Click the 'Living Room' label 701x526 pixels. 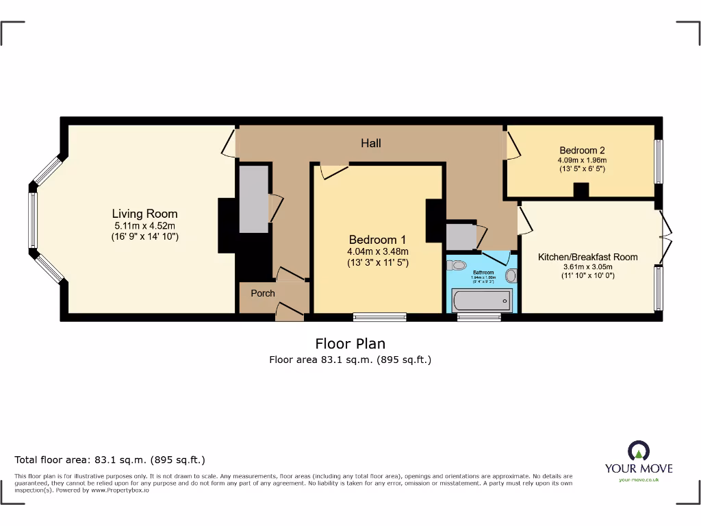[x=144, y=214]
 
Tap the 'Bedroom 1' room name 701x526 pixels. [x=377, y=240]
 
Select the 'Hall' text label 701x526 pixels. [x=371, y=143]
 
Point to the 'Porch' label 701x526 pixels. [x=263, y=293]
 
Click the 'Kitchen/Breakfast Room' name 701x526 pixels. [x=587, y=257]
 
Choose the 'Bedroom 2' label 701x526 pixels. [x=582, y=150]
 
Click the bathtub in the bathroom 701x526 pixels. [x=481, y=300]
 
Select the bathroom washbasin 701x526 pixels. [x=511, y=275]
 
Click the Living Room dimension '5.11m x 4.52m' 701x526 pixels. [x=144, y=226]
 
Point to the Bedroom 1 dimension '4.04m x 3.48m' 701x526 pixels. [x=377, y=251]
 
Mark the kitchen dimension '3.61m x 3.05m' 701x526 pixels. [x=587, y=267]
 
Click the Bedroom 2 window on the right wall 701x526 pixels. [x=659, y=162]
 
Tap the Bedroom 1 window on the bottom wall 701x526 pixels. [x=380, y=316]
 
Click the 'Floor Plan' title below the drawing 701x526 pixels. [x=350, y=343]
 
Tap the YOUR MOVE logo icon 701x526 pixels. [x=638, y=451]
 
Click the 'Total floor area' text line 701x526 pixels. [x=110, y=460]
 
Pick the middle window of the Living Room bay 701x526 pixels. [x=31, y=220]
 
